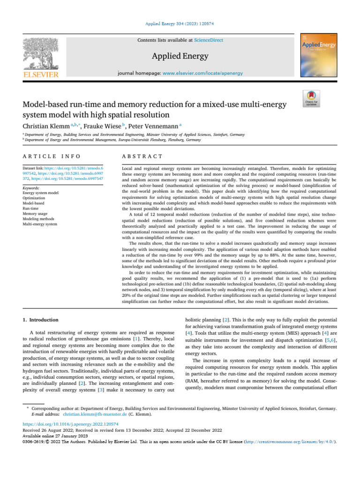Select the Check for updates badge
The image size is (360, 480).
pos(312,99)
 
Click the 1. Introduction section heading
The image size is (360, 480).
pos(41,320)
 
